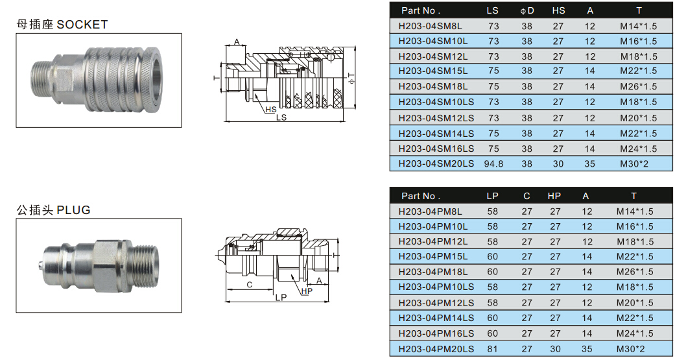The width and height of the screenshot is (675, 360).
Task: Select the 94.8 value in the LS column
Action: point(493,164)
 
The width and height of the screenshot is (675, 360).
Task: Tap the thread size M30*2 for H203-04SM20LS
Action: point(634,164)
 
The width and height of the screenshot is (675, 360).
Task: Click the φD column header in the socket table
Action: point(527,11)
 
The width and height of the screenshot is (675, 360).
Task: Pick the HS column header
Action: point(558,11)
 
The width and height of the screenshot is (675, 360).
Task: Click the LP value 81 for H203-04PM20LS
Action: point(493,349)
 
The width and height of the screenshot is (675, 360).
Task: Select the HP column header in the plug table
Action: point(554,196)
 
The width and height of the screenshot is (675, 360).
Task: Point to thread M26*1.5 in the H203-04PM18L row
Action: point(635,272)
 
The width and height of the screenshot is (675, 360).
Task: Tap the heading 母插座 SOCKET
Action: point(62,25)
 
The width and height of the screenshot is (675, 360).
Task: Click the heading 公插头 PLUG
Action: point(53,210)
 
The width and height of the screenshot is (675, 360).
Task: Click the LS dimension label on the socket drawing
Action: point(281,117)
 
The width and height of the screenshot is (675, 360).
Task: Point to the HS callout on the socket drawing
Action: point(271,110)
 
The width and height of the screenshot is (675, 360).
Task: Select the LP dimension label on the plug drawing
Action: point(281,298)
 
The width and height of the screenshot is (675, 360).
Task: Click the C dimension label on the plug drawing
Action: point(249,285)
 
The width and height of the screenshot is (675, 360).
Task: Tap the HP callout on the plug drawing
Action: point(307,291)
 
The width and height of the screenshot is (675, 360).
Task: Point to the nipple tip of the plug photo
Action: point(40,265)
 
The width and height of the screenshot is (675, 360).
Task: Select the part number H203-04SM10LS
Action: point(436,102)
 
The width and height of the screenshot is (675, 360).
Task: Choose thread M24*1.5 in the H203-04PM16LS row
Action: point(635,333)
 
